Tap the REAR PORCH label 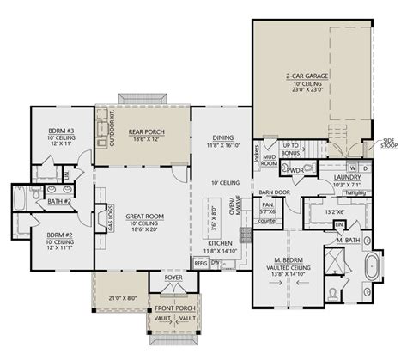(x=143, y=131)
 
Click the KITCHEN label (x=220, y=245)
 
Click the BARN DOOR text (x=270, y=192)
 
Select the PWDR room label (x=298, y=170)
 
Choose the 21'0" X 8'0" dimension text (x=121, y=297)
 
